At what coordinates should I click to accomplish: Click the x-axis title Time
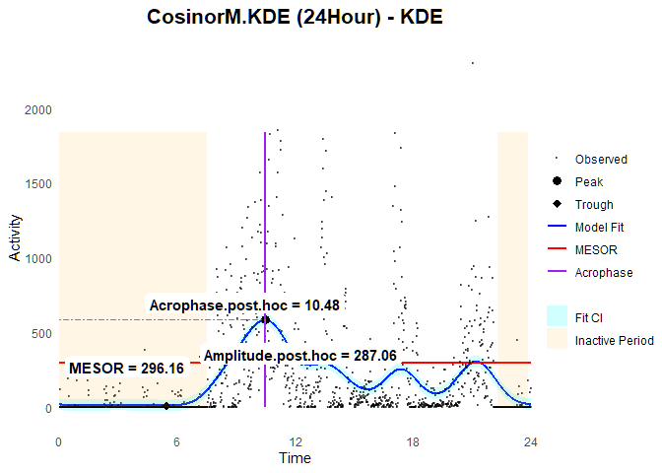pos(295,458)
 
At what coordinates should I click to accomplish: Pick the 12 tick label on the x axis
pos(295,440)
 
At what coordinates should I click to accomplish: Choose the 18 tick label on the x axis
pos(412,440)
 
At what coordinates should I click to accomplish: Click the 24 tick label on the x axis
pos(530,440)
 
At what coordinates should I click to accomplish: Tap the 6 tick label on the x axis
pos(176,440)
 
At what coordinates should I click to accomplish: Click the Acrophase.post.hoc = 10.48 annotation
pos(244,305)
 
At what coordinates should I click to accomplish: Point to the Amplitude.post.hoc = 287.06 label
pos(299,355)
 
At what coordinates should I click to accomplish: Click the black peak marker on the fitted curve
pos(265,319)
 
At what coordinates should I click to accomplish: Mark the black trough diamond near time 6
pos(166,405)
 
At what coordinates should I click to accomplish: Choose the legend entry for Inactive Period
pos(614,341)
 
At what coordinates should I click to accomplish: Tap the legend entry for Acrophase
pos(604,273)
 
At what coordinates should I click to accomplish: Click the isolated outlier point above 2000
pos(473,64)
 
